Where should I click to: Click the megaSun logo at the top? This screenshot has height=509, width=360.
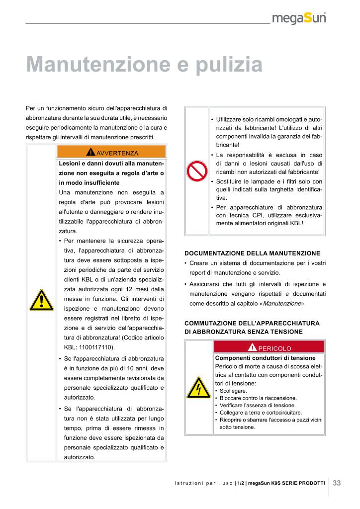(x=302, y=19)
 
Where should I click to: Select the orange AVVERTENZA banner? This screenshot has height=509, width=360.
(x=112, y=152)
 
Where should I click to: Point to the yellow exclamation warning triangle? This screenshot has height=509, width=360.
(x=41, y=300)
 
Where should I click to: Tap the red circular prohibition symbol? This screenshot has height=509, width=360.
(x=196, y=171)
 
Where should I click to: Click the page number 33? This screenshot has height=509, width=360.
(x=337, y=483)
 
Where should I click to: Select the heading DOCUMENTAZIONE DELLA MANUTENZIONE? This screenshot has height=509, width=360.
(x=252, y=253)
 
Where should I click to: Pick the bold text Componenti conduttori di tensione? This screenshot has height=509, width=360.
(x=265, y=358)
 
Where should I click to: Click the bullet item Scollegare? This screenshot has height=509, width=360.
(x=233, y=391)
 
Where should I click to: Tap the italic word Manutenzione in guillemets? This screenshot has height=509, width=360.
(x=282, y=303)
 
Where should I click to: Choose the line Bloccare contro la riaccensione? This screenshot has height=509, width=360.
(x=258, y=398)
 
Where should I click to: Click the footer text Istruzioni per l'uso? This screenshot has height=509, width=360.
(x=204, y=483)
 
